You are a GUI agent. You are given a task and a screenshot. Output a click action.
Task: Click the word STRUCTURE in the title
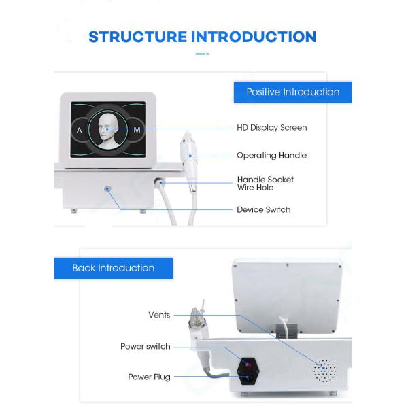(137, 37)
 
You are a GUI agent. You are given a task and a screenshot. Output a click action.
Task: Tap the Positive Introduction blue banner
(292, 92)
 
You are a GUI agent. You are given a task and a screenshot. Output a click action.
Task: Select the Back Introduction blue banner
(114, 268)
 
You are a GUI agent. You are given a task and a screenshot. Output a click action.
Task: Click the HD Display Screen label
(271, 128)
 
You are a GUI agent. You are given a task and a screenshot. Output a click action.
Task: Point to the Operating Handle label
(271, 156)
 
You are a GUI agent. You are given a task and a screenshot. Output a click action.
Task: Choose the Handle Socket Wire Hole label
(265, 184)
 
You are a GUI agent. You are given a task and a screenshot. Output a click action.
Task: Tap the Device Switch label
(264, 209)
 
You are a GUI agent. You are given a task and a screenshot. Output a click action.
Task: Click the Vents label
(159, 315)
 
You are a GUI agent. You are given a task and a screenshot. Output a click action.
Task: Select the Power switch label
(146, 347)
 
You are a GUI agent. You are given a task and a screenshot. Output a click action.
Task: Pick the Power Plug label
(149, 377)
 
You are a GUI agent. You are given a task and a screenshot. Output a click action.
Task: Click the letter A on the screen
(80, 130)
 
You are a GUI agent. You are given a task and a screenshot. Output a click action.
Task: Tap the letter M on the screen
(137, 130)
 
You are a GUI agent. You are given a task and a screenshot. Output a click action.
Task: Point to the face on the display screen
(108, 131)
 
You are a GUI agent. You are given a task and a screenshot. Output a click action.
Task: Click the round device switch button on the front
(107, 189)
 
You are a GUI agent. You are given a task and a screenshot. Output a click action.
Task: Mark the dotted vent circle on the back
(324, 371)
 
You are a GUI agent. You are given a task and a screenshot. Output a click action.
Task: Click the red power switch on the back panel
(248, 364)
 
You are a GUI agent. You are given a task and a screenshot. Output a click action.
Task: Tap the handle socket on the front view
(158, 182)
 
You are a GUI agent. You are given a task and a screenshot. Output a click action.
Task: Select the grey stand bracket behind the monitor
(286, 331)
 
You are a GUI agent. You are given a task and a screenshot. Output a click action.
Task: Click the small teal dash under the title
(202, 54)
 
